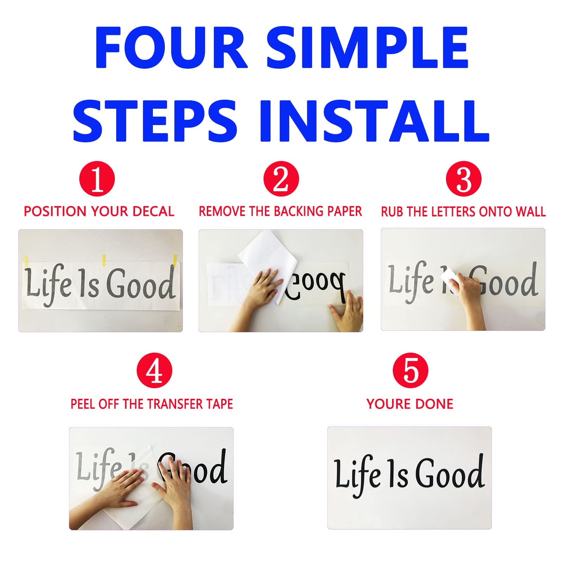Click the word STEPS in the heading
tap(155, 121)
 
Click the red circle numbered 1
tap(97, 179)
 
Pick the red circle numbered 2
tap(281, 179)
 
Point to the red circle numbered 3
tap(463, 179)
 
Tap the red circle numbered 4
tap(154, 371)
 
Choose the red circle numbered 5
tap(410, 371)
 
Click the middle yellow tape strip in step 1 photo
tap(104, 260)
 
